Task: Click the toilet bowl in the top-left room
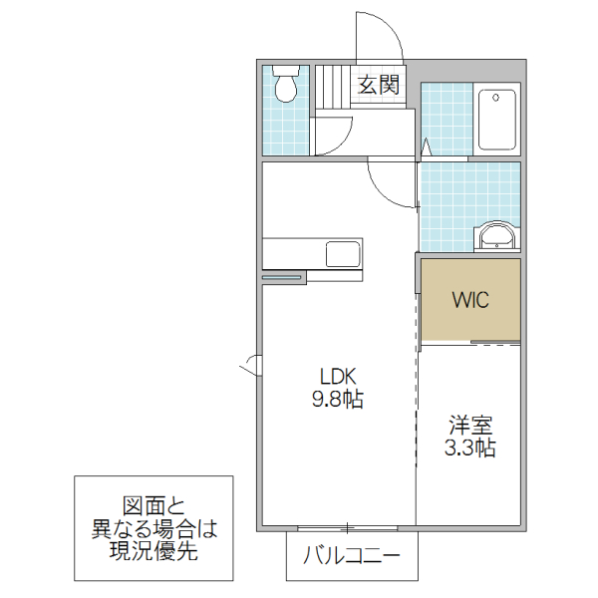coord(287,86)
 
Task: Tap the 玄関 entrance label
coord(378,86)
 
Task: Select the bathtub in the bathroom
coord(495,120)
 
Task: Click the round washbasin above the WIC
coord(495,237)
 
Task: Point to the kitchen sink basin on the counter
coord(344,253)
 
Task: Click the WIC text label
coord(469,300)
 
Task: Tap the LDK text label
coord(338,377)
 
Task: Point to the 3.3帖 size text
coord(469,448)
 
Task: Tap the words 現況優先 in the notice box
coord(153,550)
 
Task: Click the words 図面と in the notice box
coord(153,505)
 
